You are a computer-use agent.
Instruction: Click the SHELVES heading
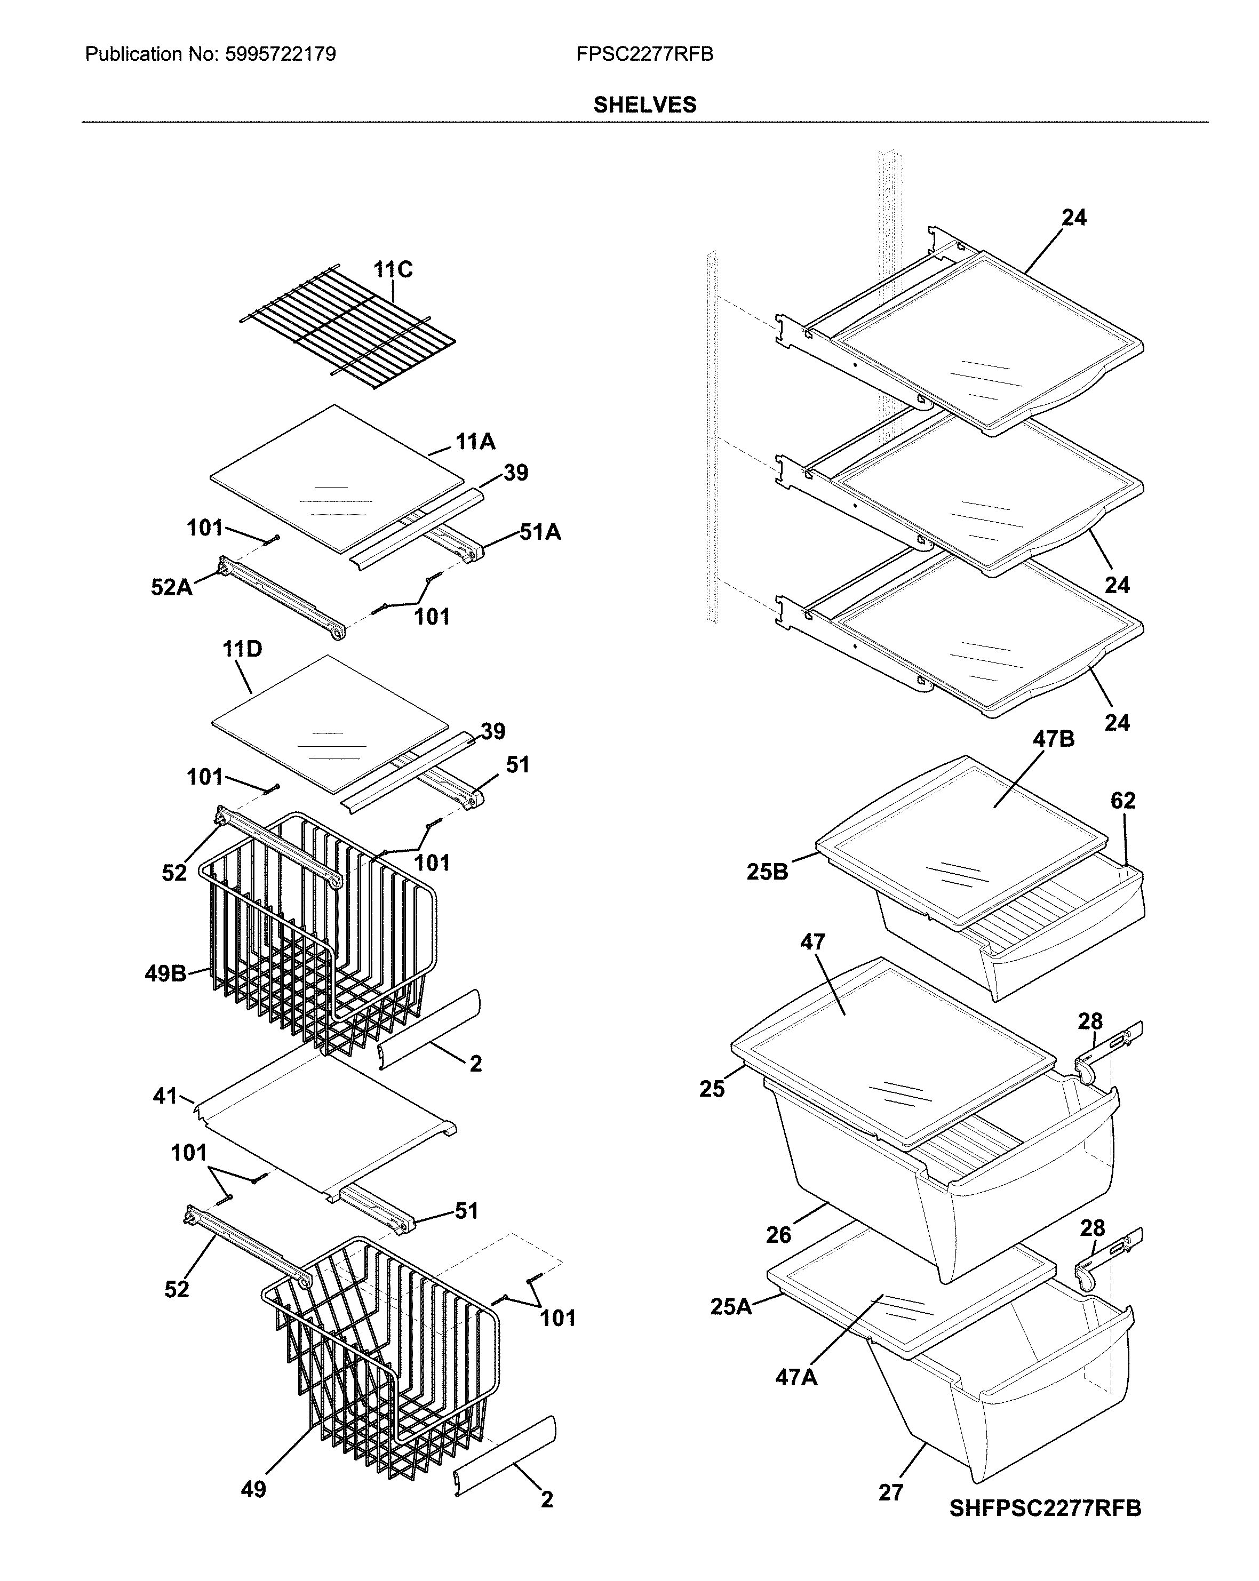(x=644, y=105)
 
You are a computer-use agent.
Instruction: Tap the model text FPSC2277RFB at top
(x=644, y=54)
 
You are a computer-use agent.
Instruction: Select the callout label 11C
(x=393, y=270)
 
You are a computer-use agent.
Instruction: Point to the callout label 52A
(x=172, y=587)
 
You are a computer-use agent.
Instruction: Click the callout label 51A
(x=540, y=532)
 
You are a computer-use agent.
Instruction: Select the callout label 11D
(x=242, y=649)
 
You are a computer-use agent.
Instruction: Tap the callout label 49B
(x=165, y=974)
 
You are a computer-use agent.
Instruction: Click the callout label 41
(x=165, y=1096)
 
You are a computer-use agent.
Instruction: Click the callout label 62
(x=1122, y=801)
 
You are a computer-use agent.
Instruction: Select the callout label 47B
(x=1054, y=739)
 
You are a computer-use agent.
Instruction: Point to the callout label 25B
(x=767, y=872)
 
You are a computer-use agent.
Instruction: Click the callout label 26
(x=779, y=1235)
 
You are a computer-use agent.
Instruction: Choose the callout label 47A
(x=796, y=1378)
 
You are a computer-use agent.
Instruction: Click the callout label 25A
(x=731, y=1307)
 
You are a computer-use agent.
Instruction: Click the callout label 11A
(x=475, y=442)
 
